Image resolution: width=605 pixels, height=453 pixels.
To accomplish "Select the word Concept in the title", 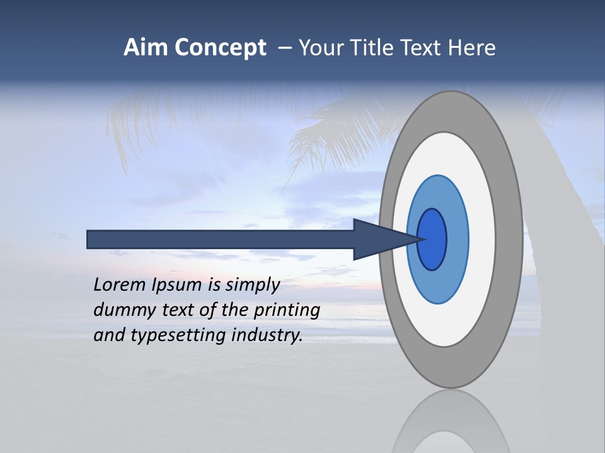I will [221, 48].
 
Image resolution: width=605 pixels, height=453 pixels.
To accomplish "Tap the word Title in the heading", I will [374, 48].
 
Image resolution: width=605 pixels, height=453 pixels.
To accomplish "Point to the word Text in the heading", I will [424, 48].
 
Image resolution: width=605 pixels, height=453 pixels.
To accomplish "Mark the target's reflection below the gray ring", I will [450, 422].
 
